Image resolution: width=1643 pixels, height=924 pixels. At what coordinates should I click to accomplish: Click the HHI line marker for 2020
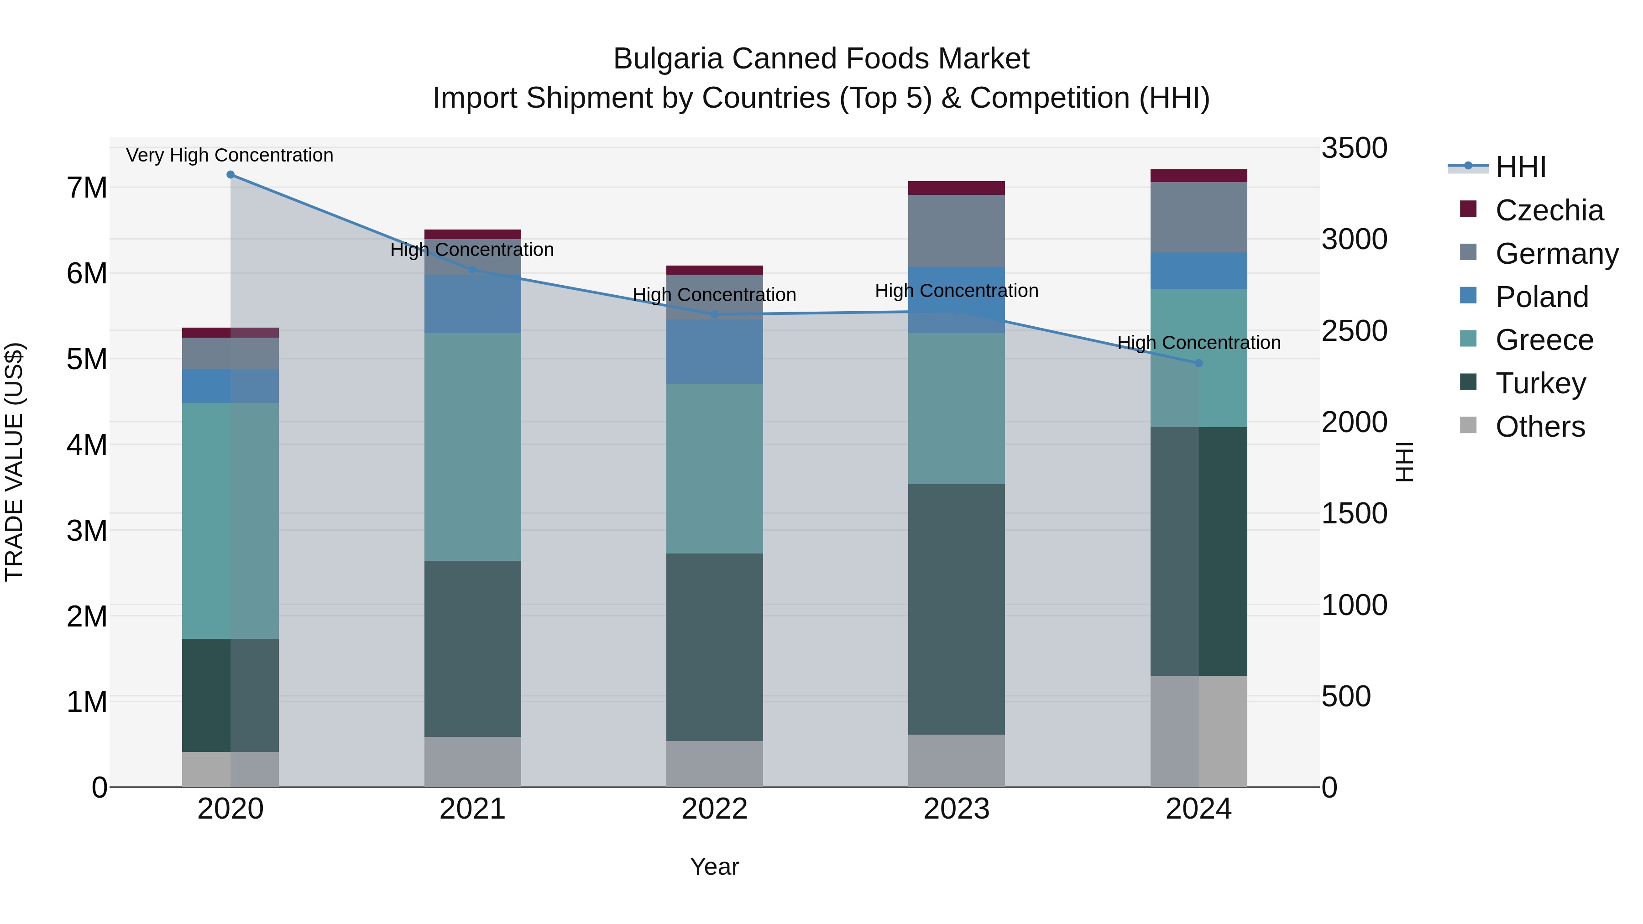[230, 175]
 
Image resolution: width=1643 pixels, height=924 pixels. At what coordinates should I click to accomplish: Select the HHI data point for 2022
[714, 315]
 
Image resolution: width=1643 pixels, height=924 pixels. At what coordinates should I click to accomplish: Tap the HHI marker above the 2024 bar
[1198, 363]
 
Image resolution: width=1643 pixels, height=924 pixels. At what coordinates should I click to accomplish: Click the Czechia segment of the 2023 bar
[956, 188]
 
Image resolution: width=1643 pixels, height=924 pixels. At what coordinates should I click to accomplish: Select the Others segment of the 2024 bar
[1198, 731]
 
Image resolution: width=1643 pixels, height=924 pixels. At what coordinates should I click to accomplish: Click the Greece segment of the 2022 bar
[714, 469]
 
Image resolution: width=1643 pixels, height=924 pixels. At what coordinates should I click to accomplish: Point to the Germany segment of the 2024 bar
[1198, 217]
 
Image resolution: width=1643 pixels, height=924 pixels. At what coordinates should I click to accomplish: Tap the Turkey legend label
[1540, 384]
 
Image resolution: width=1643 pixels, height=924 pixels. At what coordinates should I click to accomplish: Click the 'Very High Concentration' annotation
[230, 155]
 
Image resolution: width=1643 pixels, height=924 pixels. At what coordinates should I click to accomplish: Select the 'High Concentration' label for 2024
[1198, 342]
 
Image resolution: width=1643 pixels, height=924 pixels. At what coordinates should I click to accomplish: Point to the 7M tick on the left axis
[87, 188]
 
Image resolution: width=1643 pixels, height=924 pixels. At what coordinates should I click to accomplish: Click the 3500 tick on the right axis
[1354, 148]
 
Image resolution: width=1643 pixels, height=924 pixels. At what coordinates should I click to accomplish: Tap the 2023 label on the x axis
[956, 809]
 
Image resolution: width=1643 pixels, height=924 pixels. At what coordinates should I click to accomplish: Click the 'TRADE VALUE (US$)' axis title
[15, 462]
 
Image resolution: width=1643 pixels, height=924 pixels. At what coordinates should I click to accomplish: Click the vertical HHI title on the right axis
[1404, 462]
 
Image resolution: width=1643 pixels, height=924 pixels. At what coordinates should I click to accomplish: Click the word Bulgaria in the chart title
[667, 59]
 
